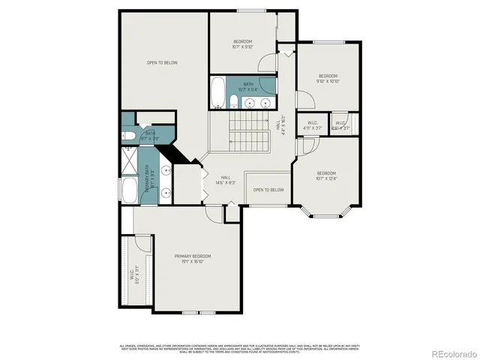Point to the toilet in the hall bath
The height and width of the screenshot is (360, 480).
click(234, 102)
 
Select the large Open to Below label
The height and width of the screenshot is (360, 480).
click(162, 63)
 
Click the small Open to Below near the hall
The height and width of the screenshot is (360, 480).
click(268, 190)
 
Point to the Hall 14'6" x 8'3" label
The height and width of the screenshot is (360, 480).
click(225, 180)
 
